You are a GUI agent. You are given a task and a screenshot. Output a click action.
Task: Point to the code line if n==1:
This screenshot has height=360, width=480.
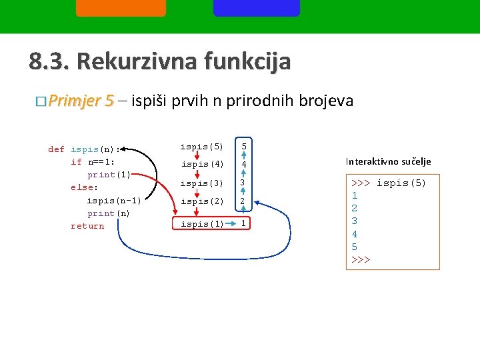[x=93, y=162]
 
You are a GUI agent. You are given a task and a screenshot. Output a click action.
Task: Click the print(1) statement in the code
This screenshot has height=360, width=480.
[x=109, y=175]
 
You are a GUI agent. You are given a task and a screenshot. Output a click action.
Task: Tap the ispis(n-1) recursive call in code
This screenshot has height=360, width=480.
[x=113, y=200]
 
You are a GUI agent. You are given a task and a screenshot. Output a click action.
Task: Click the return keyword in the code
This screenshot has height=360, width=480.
[x=87, y=226]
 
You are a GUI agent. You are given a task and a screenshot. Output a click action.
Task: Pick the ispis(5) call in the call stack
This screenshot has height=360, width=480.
[x=202, y=146]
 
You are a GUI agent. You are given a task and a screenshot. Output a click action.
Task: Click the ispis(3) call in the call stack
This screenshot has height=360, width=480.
[x=202, y=183]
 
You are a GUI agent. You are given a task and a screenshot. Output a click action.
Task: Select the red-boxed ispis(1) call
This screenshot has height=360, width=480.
[x=202, y=224]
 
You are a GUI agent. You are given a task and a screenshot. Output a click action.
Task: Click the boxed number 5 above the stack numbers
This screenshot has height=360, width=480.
[x=244, y=146]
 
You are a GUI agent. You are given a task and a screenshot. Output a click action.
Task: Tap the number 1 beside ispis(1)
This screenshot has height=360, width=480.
[x=244, y=223]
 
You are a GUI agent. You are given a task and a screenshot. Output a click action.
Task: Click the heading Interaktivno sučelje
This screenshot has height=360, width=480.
[x=388, y=161]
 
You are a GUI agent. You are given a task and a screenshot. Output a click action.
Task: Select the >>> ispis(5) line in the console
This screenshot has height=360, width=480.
[x=388, y=183]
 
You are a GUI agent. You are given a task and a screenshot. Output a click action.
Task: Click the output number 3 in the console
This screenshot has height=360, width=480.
[x=355, y=221]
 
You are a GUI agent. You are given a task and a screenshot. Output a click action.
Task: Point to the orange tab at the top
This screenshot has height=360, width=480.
[x=121, y=7]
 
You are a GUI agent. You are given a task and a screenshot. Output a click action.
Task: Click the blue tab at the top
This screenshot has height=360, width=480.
[x=257, y=7]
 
